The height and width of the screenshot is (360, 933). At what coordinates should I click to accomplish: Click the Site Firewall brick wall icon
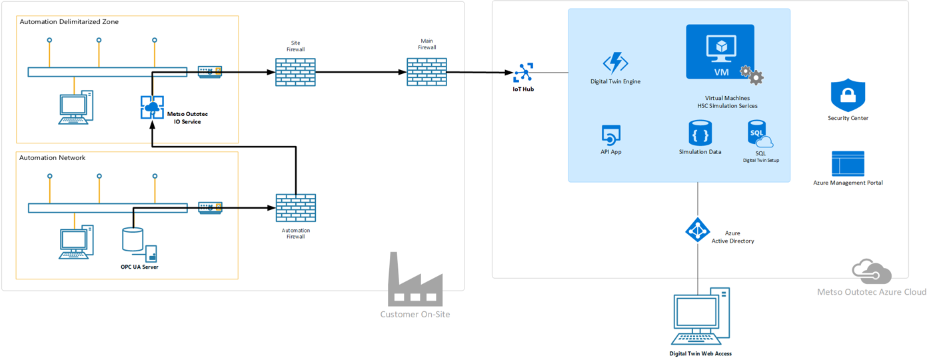tap(295, 72)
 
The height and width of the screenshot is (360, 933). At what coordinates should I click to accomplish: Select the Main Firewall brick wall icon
tap(427, 72)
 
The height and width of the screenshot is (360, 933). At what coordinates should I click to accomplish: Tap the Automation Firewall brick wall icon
tap(296, 208)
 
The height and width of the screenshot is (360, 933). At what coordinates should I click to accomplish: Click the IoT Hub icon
tap(523, 73)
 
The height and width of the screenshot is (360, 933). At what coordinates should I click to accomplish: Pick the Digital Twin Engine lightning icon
tap(615, 63)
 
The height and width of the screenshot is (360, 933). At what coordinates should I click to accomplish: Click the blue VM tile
tap(720, 52)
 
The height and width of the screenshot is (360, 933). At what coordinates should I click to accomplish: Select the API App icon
tap(611, 135)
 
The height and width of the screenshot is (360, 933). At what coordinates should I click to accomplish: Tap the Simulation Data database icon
tap(700, 133)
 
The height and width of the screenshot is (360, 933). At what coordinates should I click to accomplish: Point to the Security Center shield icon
tap(848, 95)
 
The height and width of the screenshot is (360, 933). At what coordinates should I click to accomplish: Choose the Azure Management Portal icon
tap(848, 164)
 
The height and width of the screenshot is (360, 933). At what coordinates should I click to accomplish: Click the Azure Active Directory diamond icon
tap(698, 229)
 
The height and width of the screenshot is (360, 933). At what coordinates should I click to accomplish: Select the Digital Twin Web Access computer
tap(700, 316)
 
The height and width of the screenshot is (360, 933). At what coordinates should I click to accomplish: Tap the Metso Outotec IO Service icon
tap(152, 107)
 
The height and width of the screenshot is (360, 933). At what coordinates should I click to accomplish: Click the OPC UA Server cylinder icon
tap(133, 239)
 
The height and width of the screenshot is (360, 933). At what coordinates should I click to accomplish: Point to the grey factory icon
tap(415, 279)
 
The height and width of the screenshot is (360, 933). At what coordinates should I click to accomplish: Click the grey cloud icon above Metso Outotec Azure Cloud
tap(872, 271)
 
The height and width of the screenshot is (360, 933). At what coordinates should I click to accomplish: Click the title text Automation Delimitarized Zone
tap(69, 21)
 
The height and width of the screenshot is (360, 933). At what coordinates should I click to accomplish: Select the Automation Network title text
tap(53, 157)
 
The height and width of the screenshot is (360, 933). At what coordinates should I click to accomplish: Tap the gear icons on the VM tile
tap(752, 75)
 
